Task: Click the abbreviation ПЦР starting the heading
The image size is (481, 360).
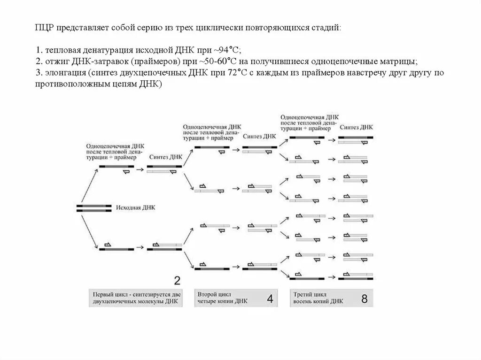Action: click(45, 28)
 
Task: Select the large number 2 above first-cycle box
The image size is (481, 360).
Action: click(178, 281)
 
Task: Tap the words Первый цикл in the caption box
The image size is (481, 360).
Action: click(109, 294)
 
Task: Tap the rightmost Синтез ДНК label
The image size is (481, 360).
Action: click(357, 127)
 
